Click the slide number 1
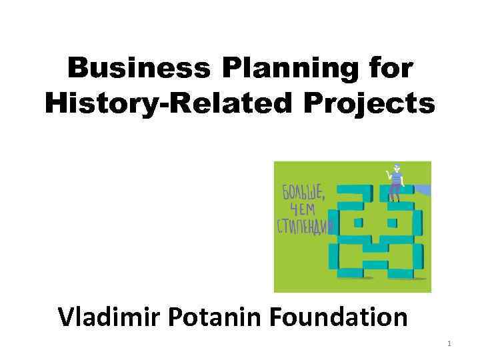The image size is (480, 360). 449,344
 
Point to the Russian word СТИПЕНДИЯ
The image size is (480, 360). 301,226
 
